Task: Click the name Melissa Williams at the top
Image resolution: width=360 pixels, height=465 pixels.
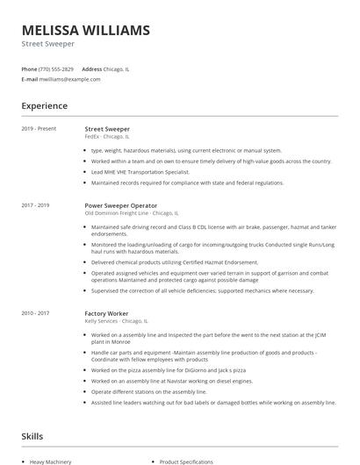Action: pyautogui.click(x=85, y=31)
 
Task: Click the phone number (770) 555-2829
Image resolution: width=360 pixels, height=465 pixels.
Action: pyautogui.click(x=56, y=68)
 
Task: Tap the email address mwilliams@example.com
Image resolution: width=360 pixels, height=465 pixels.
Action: pyautogui.click(x=69, y=79)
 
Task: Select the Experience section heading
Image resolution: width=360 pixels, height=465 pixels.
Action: pyautogui.click(x=44, y=106)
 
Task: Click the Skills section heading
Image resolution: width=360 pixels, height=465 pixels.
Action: pyautogui.click(x=33, y=436)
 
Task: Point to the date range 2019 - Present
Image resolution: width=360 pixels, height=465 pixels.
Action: pyautogui.click(x=39, y=129)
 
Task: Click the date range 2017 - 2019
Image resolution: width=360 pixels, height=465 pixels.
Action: pyautogui.click(x=36, y=205)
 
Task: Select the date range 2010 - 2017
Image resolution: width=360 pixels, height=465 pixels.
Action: pyautogui.click(x=36, y=313)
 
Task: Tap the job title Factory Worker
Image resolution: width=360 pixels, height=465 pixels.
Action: pyautogui.click(x=107, y=313)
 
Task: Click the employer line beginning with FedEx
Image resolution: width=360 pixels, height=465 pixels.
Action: pyautogui.click(x=107, y=137)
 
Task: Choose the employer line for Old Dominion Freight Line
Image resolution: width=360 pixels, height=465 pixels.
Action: pyautogui.click(x=131, y=213)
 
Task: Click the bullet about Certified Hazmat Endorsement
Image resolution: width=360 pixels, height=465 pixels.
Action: pyautogui.click(x=174, y=262)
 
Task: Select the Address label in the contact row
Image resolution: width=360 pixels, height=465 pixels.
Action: pyautogui.click(x=91, y=68)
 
